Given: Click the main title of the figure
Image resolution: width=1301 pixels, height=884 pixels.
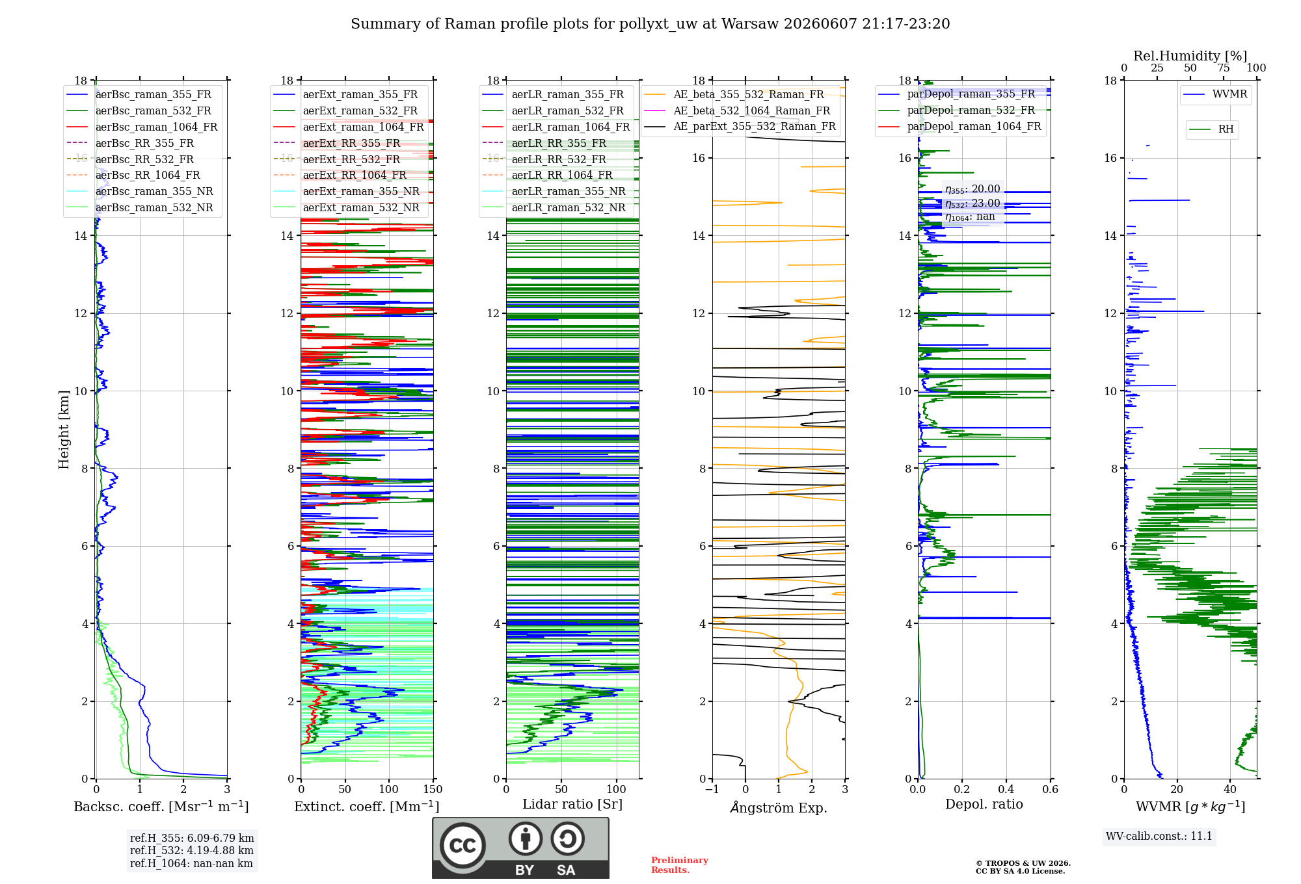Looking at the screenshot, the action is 650,24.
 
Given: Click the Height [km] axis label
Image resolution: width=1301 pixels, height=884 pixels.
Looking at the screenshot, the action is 63,430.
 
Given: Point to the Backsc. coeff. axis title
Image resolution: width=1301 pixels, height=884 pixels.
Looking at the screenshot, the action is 161,807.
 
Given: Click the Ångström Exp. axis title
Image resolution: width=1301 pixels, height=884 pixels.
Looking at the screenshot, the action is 779,807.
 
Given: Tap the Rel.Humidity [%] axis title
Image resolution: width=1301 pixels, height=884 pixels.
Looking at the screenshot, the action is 1190,56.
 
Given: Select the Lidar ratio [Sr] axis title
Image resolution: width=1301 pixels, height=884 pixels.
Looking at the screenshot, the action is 572,805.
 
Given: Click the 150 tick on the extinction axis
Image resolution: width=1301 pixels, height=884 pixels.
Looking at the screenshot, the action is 433,790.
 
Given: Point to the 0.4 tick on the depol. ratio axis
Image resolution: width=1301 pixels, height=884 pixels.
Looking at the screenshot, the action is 1006,790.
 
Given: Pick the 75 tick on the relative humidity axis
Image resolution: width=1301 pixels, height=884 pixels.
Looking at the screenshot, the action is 1224,68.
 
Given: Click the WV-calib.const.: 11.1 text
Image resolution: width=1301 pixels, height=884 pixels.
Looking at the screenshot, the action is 1159,836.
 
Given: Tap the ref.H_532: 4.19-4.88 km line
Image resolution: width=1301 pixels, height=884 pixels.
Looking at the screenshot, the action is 192,850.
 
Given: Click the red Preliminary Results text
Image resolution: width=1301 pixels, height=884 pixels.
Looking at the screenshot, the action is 680,865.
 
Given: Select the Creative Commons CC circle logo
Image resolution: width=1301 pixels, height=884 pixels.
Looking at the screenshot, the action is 463,845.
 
